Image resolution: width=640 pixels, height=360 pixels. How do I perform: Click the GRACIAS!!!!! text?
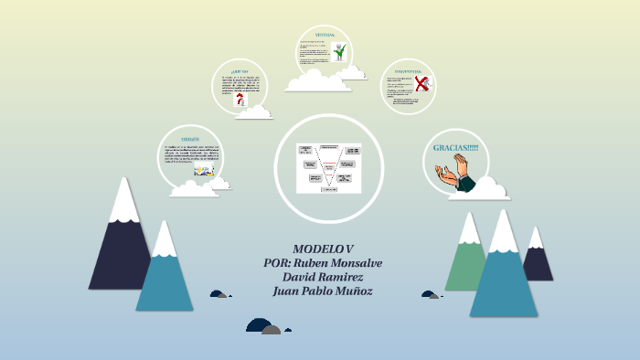[455, 148]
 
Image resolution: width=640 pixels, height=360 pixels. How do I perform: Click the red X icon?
[421, 85]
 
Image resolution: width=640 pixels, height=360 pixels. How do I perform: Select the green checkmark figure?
[340, 53]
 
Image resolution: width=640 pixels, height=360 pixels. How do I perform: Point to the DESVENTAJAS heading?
[408, 69]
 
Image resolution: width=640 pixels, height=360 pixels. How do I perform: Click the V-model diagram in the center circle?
[328, 167]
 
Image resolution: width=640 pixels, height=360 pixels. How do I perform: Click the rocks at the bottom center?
[265, 327]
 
